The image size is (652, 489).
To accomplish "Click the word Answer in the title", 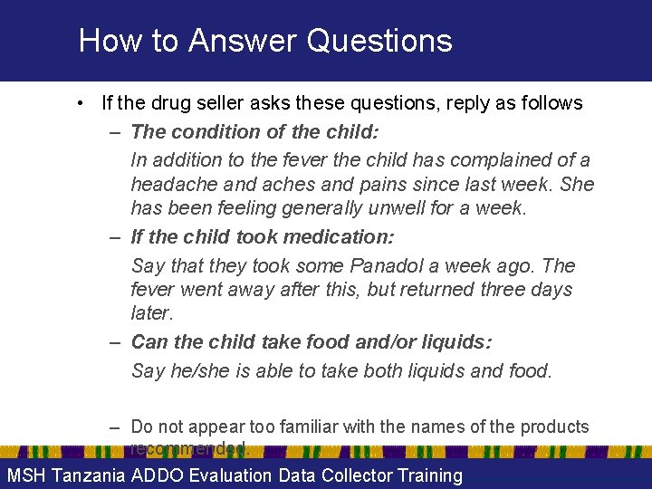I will (239, 41).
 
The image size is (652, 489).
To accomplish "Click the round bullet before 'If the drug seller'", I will (81, 103).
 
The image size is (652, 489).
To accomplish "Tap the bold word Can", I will (149, 342).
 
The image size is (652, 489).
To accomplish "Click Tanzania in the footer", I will (89, 475).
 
